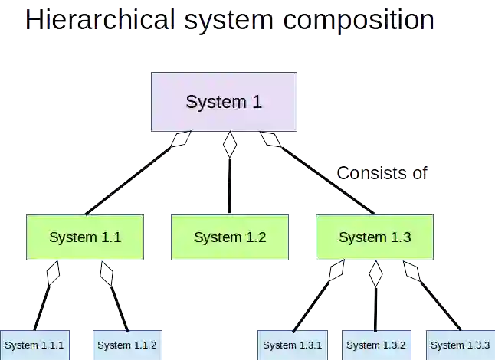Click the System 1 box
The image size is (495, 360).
[x=224, y=102]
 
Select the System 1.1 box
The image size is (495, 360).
[x=85, y=237]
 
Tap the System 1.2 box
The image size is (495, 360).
[x=230, y=237]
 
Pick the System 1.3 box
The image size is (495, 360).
[x=375, y=237]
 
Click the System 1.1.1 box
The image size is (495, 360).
[x=34, y=345]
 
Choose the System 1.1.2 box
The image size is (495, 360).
[x=127, y=345]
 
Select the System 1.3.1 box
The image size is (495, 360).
[x=292, y=345]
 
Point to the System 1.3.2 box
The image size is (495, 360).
[x=376, y=345]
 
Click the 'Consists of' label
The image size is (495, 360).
[x=382, y=173]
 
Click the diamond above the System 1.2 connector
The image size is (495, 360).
[x=229, y=145]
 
